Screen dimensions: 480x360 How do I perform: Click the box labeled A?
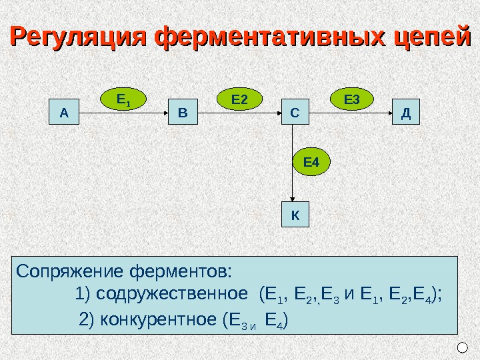64,113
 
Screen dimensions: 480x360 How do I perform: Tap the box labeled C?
294,113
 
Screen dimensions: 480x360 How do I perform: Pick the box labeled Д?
405,113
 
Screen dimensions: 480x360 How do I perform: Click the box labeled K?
294,215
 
